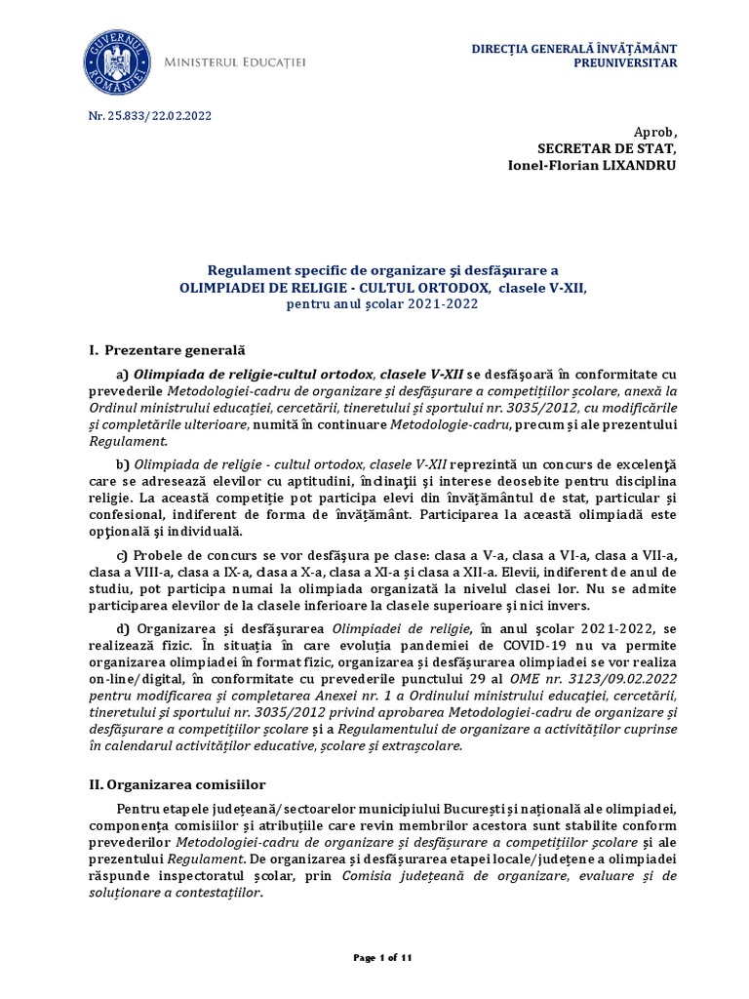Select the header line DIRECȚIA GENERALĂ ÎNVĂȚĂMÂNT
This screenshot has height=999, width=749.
[x=573, y=48]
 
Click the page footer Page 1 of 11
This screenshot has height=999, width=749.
[x=382, y=959]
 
